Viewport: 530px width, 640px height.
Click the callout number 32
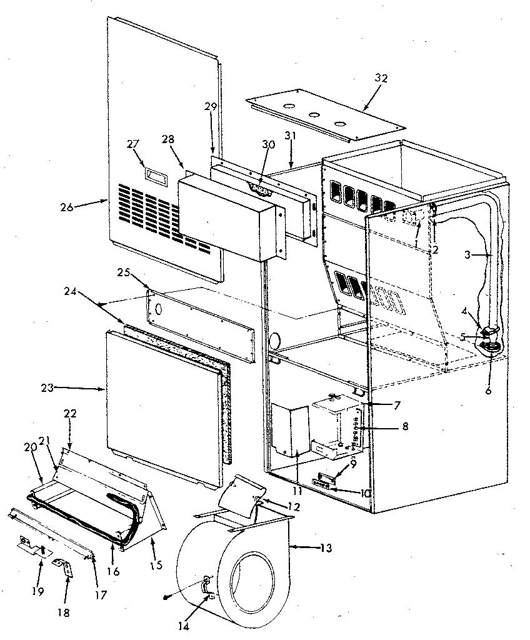pos(381,78)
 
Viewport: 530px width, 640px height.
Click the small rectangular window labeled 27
pos(154,177)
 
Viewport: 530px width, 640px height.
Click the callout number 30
pos(267,144)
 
